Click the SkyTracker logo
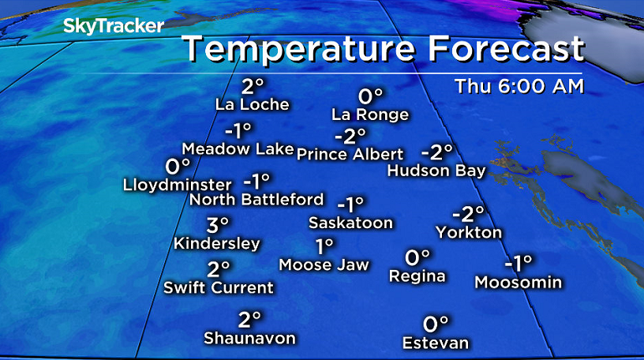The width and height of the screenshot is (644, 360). tap(114, 25)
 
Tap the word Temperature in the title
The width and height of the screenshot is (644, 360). tap(299, 50)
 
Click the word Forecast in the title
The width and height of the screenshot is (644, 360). tap(504, 50)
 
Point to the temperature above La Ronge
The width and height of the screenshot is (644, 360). tap(370, 96)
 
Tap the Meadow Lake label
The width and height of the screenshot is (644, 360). tap(238, 148)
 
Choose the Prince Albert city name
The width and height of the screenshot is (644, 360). tap(350, 154)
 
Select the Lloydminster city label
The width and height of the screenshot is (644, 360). tap(178, 186)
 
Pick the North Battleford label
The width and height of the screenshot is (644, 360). tap(257, 199)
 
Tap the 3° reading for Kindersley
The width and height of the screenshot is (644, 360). tap(218, 225)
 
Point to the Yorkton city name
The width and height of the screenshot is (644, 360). tap(469, 232)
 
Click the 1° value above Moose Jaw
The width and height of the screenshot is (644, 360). tap(324, 246)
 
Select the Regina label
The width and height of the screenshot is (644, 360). tap(417, 276)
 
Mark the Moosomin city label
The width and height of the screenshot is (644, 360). tap(518, 282)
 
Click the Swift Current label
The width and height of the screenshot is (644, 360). tap(218, 287)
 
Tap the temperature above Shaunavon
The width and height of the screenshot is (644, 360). tap(249, 320)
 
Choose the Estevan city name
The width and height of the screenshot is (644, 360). tap(436, 343)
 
